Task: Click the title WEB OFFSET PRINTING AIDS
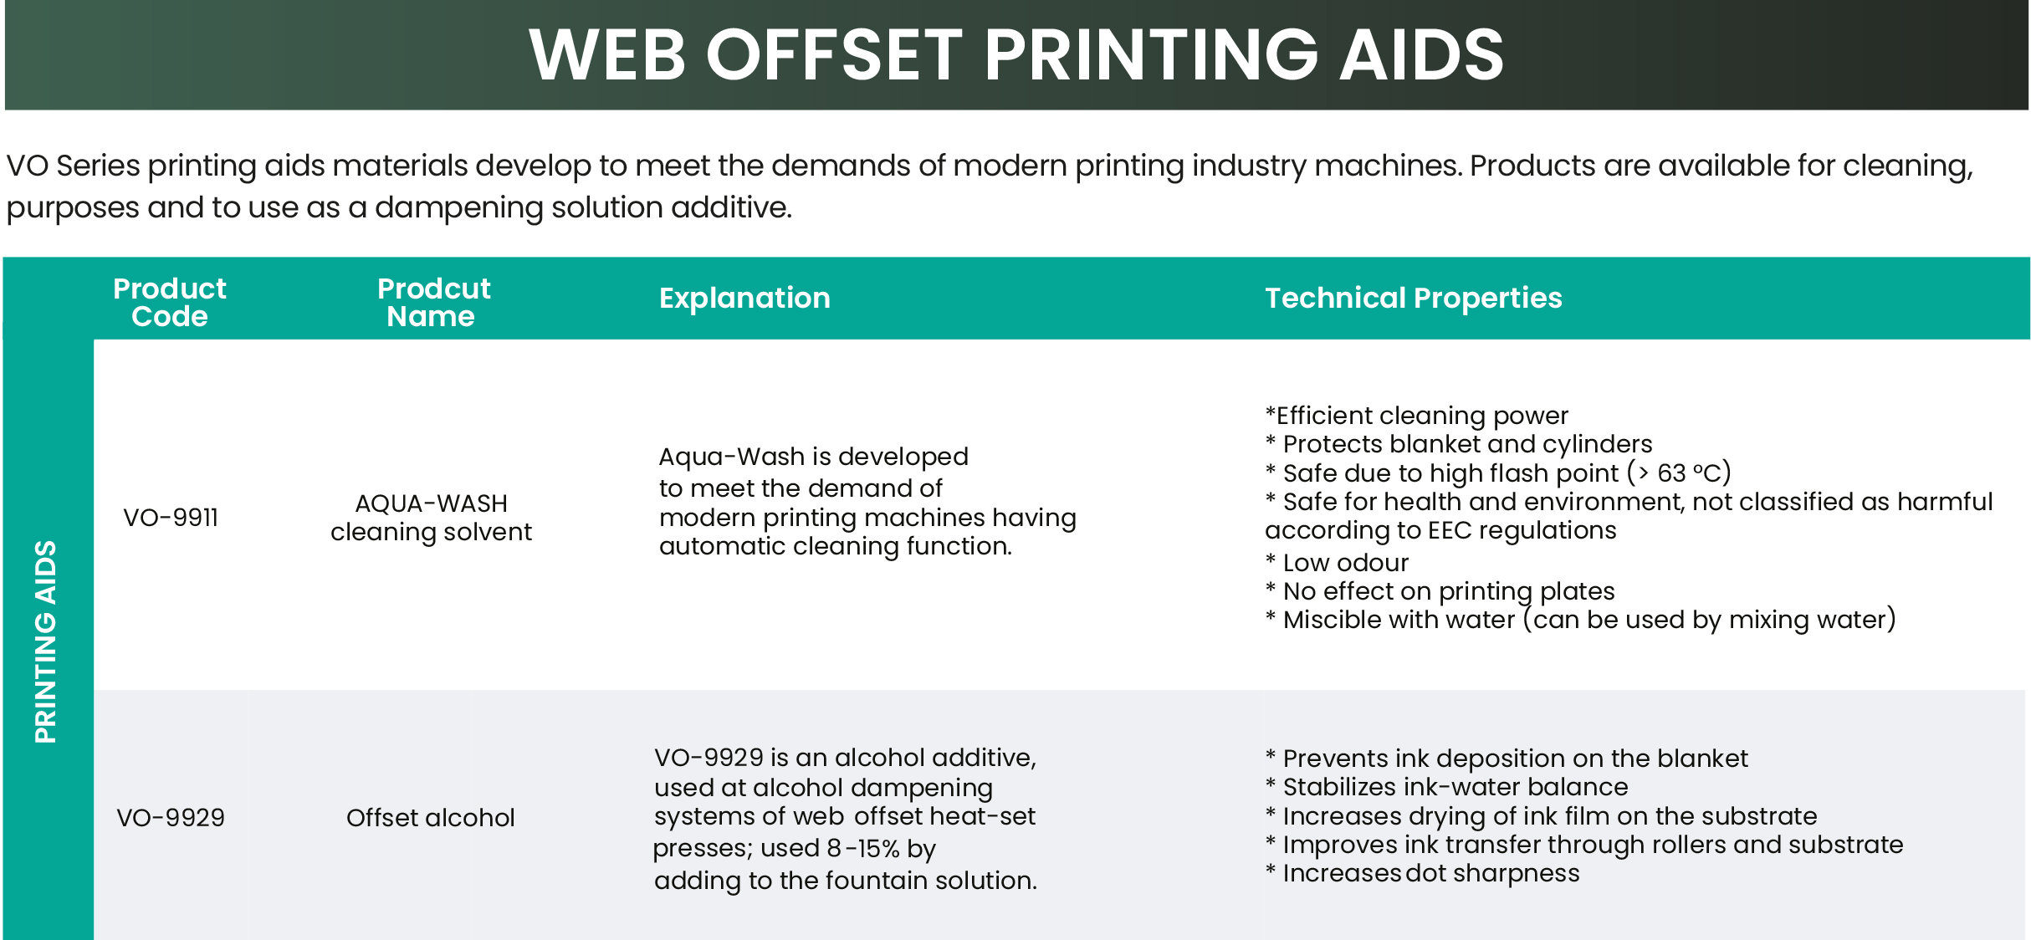1016,54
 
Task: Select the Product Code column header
170,302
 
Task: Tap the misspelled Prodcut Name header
433,302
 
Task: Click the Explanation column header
744,299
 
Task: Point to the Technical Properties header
1413,299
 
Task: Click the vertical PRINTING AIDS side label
45,641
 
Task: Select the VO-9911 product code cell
171,518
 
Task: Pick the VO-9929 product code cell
171,817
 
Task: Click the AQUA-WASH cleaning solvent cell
431,518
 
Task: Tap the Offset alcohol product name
431,817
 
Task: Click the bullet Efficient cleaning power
1416,416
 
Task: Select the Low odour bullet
1337,563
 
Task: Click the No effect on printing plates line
1440,591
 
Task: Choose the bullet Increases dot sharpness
1422,873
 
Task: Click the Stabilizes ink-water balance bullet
1446,787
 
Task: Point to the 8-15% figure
863,849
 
